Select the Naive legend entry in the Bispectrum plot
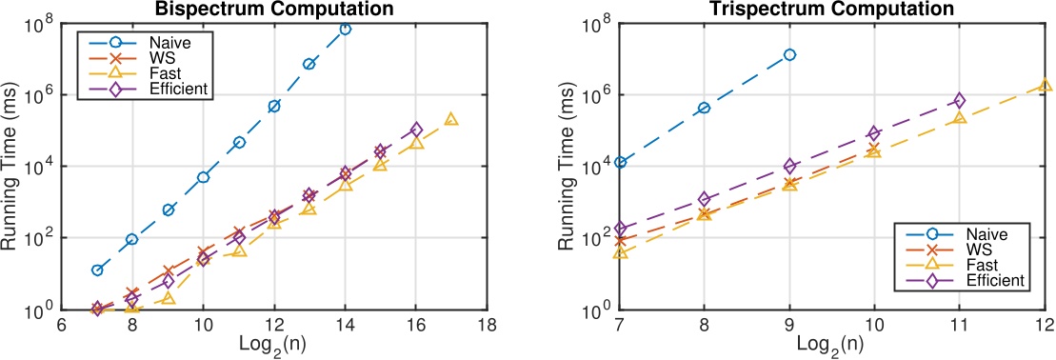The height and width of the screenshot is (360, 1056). pos(167,43)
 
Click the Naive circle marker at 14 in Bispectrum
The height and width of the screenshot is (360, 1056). pos(345,30)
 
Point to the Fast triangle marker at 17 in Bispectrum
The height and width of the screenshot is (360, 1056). pos(451,119)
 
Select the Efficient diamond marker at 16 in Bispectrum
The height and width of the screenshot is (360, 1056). pos(416,130)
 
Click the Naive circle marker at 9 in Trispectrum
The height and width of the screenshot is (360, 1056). pos(789,55)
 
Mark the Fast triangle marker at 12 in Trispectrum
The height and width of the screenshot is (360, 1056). pos(1046,86)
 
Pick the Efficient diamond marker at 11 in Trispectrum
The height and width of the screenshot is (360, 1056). pos(960,100)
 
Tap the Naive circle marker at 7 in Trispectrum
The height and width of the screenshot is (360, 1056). pos(620,163)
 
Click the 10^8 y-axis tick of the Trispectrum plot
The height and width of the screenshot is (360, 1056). pos(592,23)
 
